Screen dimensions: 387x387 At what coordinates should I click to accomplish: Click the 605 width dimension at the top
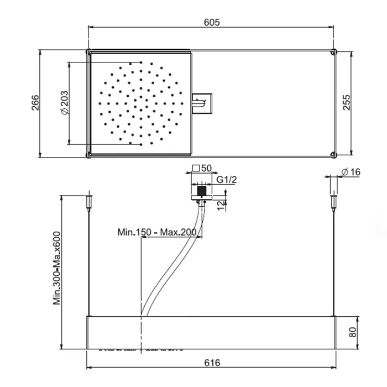coord(212,23)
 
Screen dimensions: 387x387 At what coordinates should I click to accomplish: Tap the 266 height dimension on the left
coord(35,102)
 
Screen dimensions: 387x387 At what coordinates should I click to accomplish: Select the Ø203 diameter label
coord(65,103)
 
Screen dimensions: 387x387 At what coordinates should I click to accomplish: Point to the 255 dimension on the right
coord(347,102)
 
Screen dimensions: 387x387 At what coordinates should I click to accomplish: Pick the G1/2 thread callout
coord(226,180)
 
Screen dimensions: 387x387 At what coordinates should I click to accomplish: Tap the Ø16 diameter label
coord(351,172)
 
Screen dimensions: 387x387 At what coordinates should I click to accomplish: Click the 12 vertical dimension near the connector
coord(221,205)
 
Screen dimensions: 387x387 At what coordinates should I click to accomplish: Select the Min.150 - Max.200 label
coord(157,232)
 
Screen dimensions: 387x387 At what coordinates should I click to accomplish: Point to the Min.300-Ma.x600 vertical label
coord(57,268)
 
